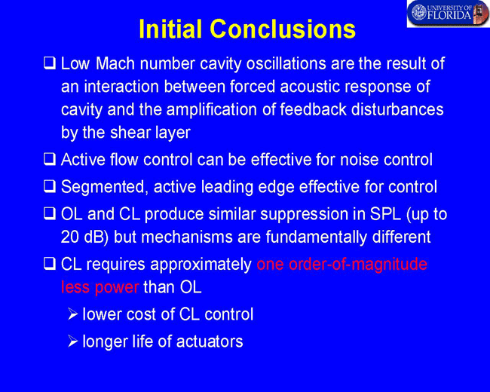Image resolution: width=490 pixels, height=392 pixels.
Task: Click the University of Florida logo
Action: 448,14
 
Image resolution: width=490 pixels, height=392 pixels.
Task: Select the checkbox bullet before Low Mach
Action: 50,63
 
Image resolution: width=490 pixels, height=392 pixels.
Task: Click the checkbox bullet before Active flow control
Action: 50,159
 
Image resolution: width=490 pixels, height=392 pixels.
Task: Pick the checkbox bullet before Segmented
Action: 50,186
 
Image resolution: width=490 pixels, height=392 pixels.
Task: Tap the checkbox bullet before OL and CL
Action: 50,213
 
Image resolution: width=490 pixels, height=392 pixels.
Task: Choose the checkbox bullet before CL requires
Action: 50,263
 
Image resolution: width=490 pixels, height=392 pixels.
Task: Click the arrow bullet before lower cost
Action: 72,314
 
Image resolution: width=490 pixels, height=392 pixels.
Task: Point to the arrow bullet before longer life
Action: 72,341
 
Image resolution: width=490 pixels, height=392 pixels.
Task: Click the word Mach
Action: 115,63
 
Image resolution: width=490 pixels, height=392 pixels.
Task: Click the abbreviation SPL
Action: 385,214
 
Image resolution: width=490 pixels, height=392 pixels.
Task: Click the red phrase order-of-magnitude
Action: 358,265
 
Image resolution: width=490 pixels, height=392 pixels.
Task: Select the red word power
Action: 117,288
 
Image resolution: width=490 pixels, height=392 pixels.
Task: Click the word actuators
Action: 210,341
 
